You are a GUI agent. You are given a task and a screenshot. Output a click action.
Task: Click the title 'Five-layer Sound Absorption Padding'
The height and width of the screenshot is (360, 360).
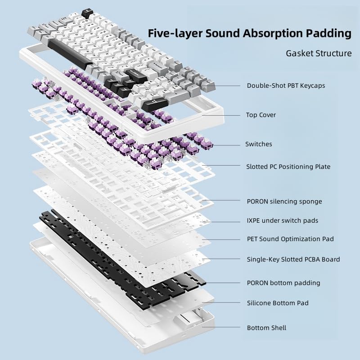(250, 33)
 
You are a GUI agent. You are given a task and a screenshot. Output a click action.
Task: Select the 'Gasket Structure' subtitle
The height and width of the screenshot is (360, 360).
(319, 54)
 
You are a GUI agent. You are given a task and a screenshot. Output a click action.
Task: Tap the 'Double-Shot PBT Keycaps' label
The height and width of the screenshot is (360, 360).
(286, 85)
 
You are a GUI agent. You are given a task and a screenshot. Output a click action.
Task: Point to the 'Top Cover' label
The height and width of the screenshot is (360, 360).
(261, 115)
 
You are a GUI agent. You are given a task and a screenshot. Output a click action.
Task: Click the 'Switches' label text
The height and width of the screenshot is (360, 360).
(258, 144)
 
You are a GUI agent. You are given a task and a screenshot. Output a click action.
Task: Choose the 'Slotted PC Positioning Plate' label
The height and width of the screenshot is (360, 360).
(288, 167)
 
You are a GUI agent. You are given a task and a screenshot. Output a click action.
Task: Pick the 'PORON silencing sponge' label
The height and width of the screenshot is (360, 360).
(284, 202)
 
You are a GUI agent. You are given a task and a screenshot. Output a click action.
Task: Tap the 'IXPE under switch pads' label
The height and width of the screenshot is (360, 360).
(283, 221)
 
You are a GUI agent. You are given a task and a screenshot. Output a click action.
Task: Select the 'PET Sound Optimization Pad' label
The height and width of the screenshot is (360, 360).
(290, 239)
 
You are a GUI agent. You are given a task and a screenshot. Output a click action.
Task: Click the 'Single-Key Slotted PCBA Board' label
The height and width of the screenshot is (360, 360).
(293, 260)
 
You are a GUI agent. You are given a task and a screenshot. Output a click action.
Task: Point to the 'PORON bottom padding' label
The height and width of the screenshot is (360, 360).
(283, 283)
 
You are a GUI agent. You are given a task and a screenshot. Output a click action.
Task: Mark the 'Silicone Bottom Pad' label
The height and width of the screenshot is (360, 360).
(278, 303)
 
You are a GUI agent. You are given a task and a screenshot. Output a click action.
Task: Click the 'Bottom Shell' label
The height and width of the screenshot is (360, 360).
(266, 328)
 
